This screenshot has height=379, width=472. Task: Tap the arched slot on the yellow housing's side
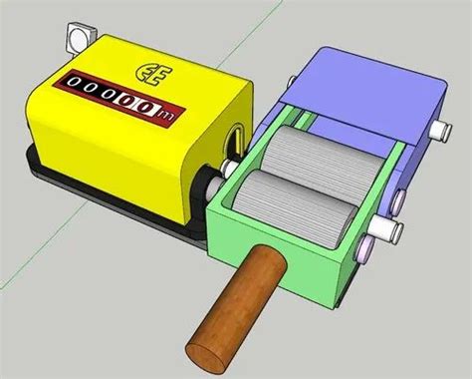(x=235, y=137)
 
